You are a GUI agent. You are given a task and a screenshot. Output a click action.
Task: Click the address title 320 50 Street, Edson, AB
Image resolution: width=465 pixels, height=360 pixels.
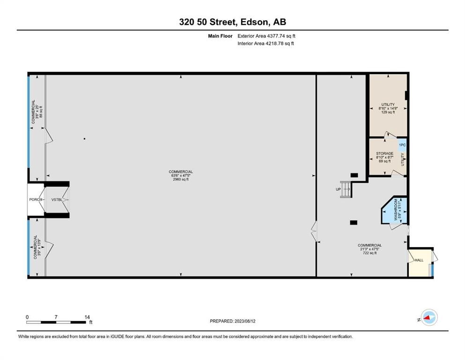(232, 22)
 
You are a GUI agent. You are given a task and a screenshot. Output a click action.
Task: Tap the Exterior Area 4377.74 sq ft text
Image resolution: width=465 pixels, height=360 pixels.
(266, 36)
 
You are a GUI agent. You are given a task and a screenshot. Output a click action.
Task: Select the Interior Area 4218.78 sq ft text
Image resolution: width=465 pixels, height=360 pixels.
(266, 44)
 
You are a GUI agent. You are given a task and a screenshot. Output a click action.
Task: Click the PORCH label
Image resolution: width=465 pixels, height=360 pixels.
(36, 200)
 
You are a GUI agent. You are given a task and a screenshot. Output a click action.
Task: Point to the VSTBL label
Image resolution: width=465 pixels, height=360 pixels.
(57, 200)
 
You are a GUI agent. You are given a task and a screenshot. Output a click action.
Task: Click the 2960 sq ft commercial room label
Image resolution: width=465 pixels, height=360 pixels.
(181, 175)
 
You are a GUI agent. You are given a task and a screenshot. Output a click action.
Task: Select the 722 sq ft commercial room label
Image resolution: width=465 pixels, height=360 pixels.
(369, 249)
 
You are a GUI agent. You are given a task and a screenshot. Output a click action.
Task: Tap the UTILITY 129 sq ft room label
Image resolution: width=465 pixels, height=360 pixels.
(387, 108)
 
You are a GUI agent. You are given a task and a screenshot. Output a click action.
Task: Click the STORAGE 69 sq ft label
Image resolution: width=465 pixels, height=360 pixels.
(384, 157)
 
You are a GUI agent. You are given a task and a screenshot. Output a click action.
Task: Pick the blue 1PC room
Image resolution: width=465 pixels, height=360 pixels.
(402, 145)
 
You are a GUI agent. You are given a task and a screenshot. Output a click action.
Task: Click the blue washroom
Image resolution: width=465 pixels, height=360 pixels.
(396, 210)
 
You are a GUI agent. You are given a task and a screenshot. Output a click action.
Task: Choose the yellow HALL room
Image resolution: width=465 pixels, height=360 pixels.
(418, 261)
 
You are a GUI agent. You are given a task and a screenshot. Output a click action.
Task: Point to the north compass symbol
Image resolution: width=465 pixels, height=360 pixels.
(428, 318)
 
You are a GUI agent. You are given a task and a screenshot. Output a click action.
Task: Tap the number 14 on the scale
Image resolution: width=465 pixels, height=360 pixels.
(87, 317)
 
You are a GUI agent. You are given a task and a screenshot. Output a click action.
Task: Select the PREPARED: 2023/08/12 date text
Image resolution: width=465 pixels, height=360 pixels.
(233, 321)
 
